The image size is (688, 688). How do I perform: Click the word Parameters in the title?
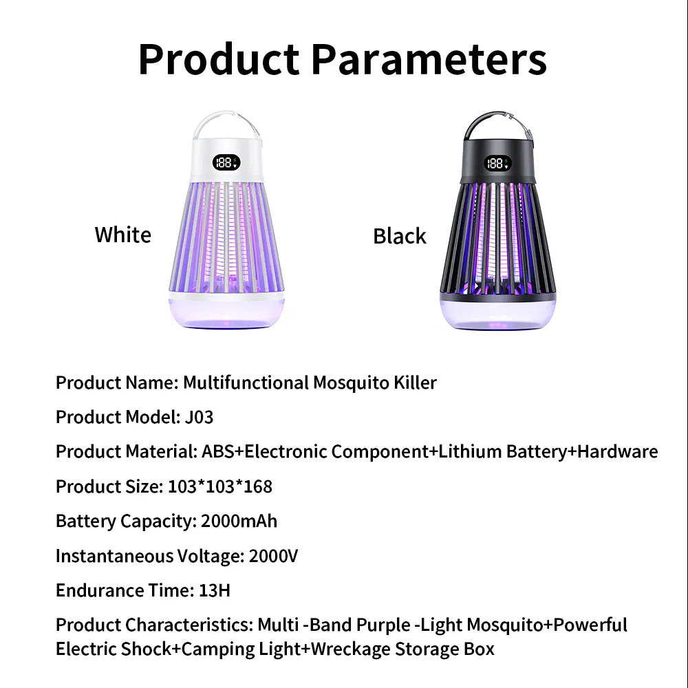pos(429,60)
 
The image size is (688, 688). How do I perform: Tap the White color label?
pos(122,235)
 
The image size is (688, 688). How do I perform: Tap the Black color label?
pos(399,236)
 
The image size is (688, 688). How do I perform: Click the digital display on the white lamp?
pos(224,162)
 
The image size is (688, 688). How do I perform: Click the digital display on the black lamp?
pos(496,163)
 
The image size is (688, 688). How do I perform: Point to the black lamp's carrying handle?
pos(497,125)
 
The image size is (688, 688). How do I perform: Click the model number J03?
pos(200,417)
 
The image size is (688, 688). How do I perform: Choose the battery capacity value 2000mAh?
pos(239,521)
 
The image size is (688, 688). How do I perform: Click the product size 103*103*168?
pos(220,486)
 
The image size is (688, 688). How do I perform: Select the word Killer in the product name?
pos(416,383)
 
